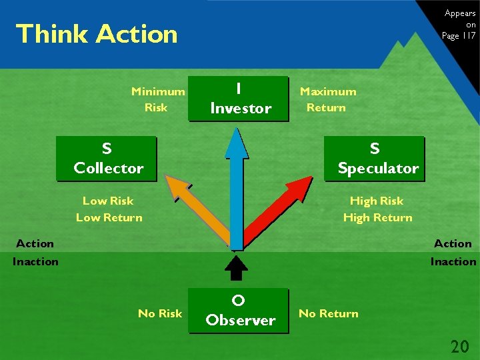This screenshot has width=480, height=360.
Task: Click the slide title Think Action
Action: [97, 34]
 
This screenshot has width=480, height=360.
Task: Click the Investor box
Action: [241, 99]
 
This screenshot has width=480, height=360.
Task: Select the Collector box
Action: [107, 159]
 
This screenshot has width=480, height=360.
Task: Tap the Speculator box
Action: [375, 159]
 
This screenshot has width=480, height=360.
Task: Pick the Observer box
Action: [240, 311]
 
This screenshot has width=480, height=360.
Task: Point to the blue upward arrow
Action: [237, 187]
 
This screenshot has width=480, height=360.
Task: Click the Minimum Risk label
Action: [157, 99]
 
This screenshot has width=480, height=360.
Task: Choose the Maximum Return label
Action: [327, 99]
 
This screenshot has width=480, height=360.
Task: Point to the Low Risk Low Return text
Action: [109, 209]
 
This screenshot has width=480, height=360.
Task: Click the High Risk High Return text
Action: [377, 209]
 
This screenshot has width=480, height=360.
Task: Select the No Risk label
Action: [159, 313]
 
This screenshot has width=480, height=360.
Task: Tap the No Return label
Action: [328, 313]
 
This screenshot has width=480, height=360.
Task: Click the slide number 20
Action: [459, 346]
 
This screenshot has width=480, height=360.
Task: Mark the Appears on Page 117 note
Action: [459, 25]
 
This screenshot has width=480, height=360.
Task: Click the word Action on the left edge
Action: [35, 244]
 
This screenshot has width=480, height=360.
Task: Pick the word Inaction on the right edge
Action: [453, 261]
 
